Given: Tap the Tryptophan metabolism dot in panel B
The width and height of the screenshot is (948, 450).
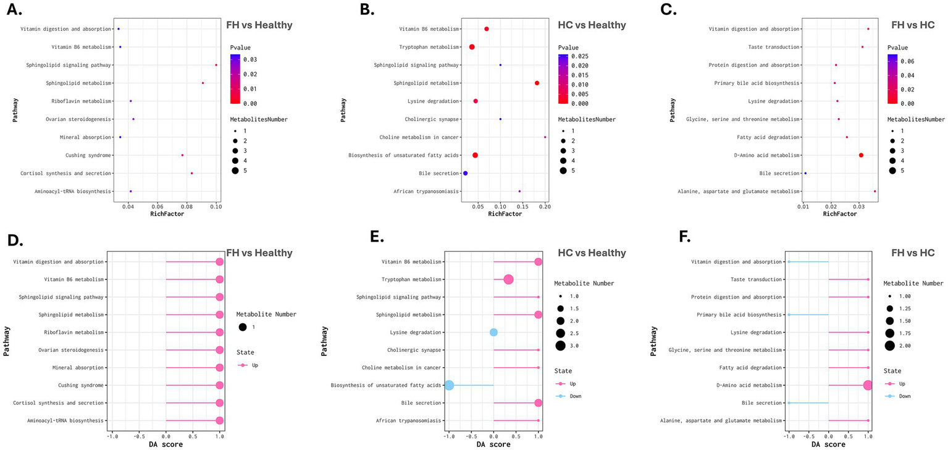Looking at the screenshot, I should pyautogui.click(x=472, y=47).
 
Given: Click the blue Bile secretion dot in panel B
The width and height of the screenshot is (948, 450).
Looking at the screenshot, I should pyautogui.click(x=465, y=173).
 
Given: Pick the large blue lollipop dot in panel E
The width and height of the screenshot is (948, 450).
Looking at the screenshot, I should pyautogui.click(x=449, y=385).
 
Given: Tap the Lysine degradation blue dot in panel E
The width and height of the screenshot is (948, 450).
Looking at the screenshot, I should pyautogui.click(x=493, y=333).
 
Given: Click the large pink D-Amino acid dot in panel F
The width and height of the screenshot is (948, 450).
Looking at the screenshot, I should pyautogui.click(x=868, y=385).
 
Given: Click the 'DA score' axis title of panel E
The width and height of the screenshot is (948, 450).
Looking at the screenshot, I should pyautogui.click(x=493, y=444).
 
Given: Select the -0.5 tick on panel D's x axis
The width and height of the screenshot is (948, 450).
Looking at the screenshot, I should pyautogui.click(x=139, y=435).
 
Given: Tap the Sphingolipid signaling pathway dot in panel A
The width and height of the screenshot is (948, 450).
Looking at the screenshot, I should pyautogui.click(x=216, y=65).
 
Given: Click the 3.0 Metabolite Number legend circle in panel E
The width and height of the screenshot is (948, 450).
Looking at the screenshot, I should pyautogui.click(x=560, y=346).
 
